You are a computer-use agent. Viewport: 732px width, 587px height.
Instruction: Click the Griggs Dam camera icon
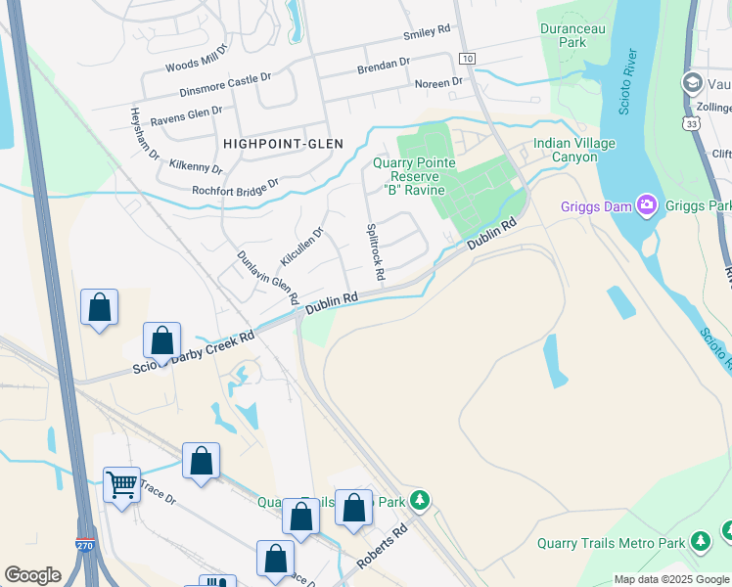pyautogui.click(x=646, y=205)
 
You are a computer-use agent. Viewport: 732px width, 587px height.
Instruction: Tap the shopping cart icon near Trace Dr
pyautogui.click(x=121, y=483)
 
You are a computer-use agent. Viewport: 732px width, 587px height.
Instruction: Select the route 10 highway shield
pyautogui.click(x=468, y=59)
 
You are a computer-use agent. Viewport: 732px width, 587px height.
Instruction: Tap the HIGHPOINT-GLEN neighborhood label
pyautogui.click(x=283, y=143)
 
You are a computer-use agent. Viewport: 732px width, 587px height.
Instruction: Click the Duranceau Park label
pyautogui.click(x=573, y=35)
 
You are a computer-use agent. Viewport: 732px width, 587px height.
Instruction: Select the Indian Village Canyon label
pyautogui.click(x=574, y=150)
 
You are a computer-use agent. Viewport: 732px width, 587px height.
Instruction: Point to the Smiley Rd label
pyautogui.click(x=427, y=35)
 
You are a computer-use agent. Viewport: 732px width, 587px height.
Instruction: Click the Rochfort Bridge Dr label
pyautogui.click(x=235, y=187)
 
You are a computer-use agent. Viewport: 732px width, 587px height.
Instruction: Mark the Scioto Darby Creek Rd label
pyautogui.click(x=194, y=352)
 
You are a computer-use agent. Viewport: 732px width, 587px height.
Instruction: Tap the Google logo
pyautogui.click(x=32, y=575)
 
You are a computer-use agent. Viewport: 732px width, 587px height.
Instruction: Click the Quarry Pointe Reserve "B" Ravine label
pyautogui.click(x=415, y=176)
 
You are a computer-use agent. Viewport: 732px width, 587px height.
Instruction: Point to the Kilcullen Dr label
pyautogui.click(x=301, y=247)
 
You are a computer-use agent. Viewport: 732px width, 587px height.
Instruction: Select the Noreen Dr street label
pyautogui.click(x=437, y=83)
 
